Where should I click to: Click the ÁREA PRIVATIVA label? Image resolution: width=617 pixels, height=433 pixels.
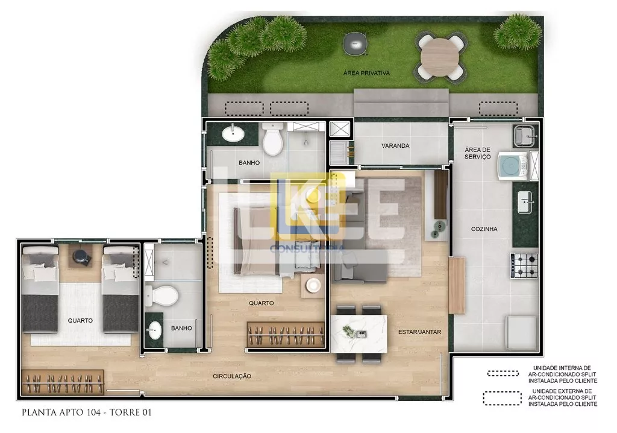pos(366,73)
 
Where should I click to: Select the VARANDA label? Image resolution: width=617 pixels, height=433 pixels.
pos(395,146)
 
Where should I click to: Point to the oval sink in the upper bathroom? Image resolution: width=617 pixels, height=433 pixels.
pos(233,133)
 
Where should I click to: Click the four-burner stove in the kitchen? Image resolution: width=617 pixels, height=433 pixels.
pos(525,265)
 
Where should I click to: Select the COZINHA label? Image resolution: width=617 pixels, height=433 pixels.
pos(484,229)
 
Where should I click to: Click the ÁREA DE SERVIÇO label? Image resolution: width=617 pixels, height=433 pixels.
pos(478,153)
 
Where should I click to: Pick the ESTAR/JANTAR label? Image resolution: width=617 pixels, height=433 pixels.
pos(419,332)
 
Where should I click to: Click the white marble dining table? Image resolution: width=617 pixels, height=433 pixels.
pos(359,334)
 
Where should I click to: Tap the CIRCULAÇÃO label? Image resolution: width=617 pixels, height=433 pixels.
pos(232,376)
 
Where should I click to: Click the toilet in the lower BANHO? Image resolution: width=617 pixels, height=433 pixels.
pos(161,295)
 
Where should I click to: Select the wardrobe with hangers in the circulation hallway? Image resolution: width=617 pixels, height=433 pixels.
pos(63,382)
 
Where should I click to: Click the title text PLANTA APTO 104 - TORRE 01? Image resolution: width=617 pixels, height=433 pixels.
pos(87,412)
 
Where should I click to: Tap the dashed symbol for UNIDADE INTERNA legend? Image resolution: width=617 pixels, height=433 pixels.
pos(503,373)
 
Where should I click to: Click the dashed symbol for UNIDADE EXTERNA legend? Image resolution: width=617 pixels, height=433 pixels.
pos(502,398)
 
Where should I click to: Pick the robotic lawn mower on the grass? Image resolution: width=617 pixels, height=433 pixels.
pos(355,43)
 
